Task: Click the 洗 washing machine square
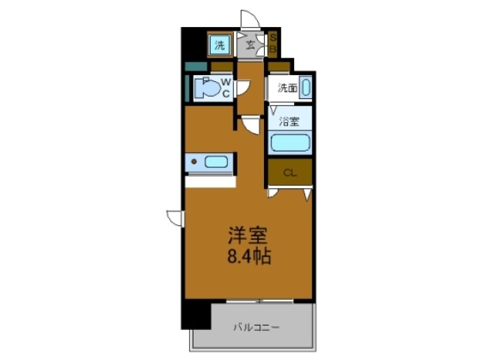[220, 45]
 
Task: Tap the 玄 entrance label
[250, 46]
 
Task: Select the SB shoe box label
[274, 44]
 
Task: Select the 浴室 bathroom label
[289, 119]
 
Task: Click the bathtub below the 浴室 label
[289, 142]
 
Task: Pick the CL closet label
[289, 173]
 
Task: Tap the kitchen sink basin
[217, 160]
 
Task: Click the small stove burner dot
[193, 160]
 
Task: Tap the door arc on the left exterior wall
[175, 217]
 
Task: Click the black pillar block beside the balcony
[196, 314]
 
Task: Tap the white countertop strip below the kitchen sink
[210, 181]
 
